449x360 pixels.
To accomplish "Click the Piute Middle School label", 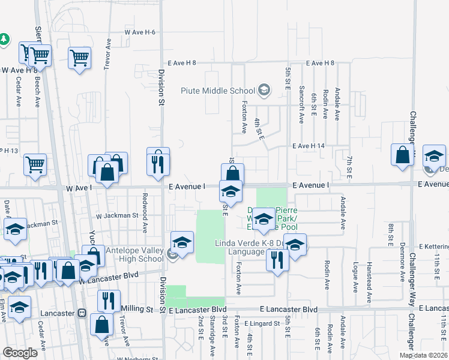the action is pos(218,91).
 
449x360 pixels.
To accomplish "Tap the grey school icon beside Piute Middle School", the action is pos(263,91).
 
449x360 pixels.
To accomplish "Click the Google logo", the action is pos(20,353).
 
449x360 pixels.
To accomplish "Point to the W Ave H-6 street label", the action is pos(140,32).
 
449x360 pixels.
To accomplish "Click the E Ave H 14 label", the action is pos(308,146).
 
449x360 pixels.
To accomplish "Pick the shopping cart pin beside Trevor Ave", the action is pos(79,58).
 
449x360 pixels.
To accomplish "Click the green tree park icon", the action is pos(4,38).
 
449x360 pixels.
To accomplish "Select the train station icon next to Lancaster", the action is pos(82,313).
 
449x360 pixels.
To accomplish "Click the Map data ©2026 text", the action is pos(423,355).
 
